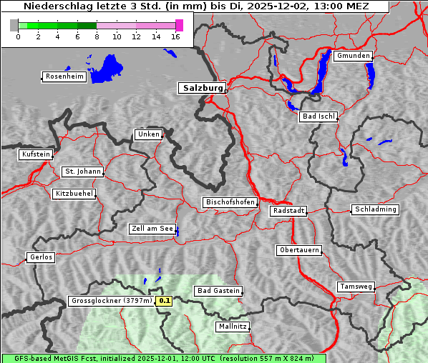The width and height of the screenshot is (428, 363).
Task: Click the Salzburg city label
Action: pos(201,88)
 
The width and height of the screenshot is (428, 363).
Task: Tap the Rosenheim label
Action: pos(64,76)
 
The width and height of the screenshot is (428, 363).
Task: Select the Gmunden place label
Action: pos(353,56)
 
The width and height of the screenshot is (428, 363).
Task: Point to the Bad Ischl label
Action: pos(318,116)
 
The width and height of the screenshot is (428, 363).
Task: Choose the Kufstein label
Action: pos(36,154)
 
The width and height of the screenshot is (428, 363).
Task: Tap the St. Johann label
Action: pos(82,171)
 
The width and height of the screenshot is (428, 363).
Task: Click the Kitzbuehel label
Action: pos(74,194)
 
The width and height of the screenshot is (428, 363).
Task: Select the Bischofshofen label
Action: pos(230,203)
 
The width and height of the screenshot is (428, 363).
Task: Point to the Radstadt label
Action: pos(288,211)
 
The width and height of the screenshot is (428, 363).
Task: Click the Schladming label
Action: pos(374,209)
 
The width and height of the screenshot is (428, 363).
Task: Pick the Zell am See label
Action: pos(152,229)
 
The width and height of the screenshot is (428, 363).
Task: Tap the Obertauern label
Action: pos(298,250)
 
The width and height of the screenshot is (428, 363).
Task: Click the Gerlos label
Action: pos(41,257)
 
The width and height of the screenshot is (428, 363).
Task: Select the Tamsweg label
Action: pos(356,287)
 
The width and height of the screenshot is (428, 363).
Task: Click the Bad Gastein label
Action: pos(218,291)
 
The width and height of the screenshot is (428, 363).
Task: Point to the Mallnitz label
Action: pos(233,327)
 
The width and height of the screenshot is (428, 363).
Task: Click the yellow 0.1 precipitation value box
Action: pos(165,302)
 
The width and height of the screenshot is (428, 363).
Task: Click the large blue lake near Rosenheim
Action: pos(107,68)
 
